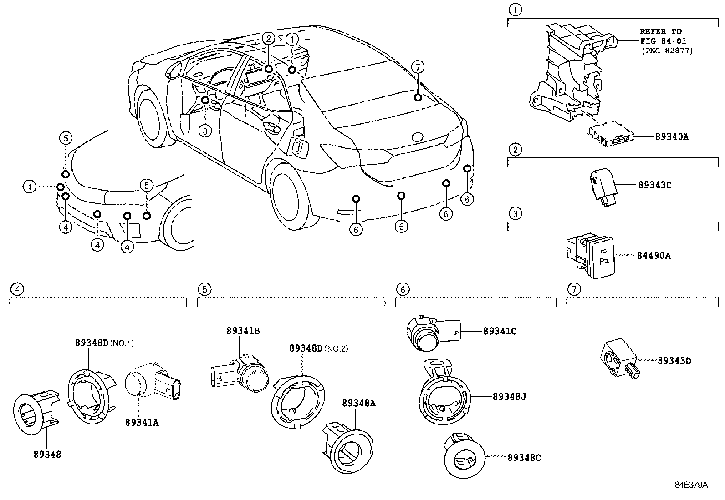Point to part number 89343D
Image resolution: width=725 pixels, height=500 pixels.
coord(674,361)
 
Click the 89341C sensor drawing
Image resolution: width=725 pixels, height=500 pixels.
coord(433,333)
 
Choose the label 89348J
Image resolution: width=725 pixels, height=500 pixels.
coord(509,397)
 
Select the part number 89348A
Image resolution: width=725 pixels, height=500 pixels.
coord(358,403)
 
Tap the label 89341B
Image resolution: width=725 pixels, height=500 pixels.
coord(243,331)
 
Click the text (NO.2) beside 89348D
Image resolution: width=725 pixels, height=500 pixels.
coord(337,348)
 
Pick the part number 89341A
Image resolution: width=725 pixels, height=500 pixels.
coord(142,423)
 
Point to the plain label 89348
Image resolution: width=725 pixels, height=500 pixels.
coord(47,454)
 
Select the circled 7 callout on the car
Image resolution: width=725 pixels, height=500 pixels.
coord(418,67)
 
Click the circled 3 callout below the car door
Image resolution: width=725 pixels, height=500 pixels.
coord(205,131)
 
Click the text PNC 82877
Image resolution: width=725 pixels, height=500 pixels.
coord(669,51)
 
